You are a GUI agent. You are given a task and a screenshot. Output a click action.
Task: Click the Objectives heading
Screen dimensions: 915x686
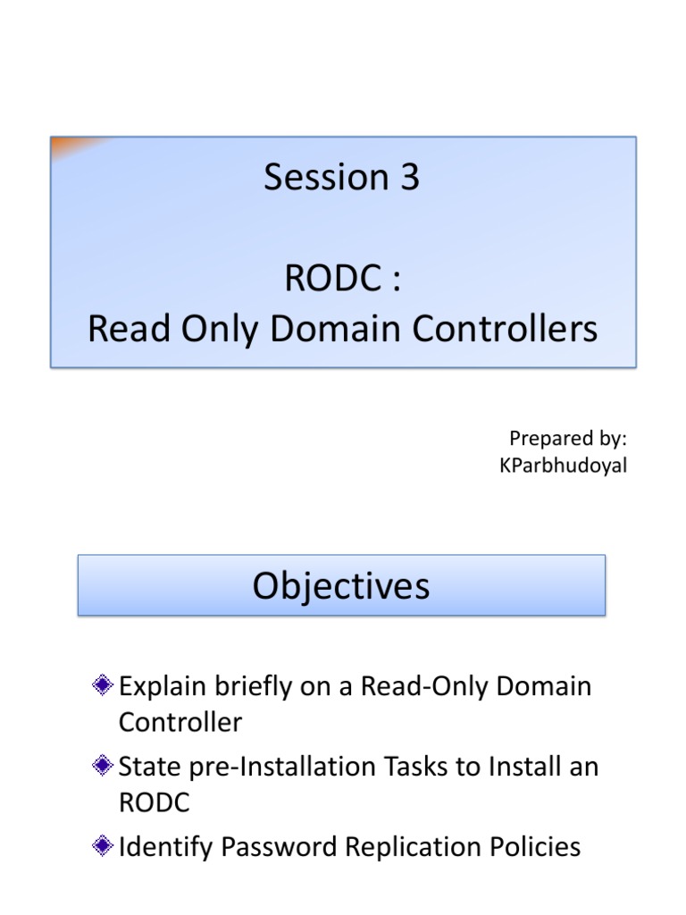tap(341, 586)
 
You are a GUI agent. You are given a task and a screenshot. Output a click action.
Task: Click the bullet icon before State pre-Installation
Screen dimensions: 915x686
tap(104, 767)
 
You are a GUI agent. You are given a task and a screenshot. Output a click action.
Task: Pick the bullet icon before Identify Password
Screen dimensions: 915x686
tap(104, 846)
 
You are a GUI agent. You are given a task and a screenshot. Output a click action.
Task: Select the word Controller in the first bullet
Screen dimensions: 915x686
tap(180, 722)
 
